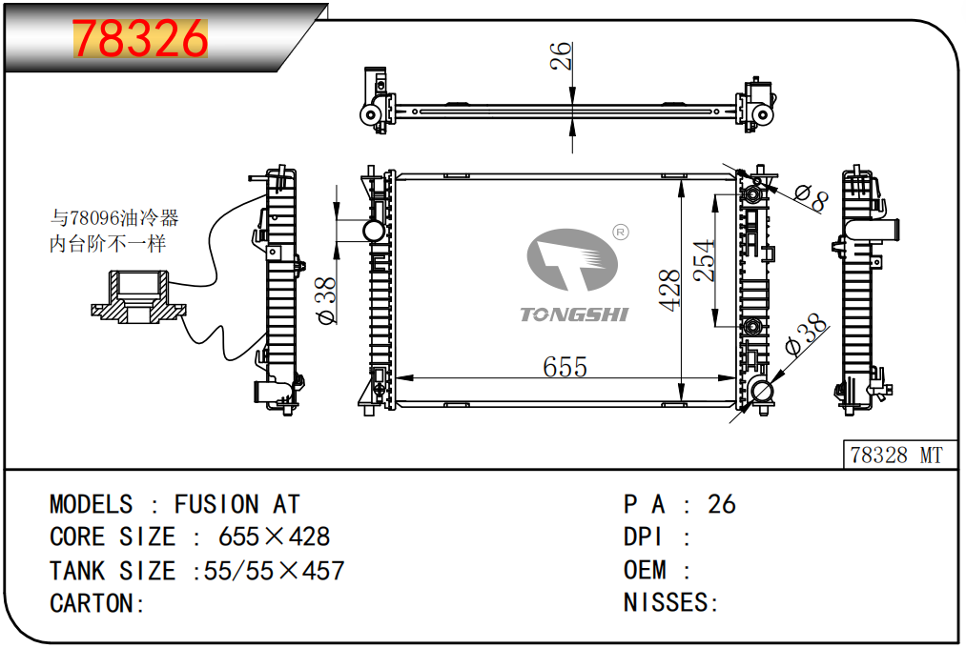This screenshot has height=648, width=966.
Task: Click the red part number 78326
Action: point(140,38)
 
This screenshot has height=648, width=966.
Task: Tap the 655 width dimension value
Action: point(565,367)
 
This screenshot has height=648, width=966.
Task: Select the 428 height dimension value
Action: point(669,290)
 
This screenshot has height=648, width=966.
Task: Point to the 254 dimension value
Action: point(704,260)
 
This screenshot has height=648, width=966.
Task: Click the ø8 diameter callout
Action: point(812,198)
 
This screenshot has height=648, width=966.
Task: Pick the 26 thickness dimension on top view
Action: point(561,56)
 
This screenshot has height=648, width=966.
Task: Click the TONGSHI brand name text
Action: point(574,314)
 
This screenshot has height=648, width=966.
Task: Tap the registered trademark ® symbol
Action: point(621,232)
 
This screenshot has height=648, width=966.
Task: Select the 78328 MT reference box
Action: point(899,455)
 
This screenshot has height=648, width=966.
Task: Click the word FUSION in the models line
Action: point(216,505)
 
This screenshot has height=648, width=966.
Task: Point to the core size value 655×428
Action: point(274,537)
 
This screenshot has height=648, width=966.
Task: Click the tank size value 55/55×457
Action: point(274,571)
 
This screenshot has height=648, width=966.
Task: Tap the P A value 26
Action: point(722,505)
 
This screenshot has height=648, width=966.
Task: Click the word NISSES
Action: point(666,602)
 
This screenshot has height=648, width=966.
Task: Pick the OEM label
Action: point(645,570)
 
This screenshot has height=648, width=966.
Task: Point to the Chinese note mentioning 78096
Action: point(114,231)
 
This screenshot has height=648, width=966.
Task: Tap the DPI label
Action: point(643,537)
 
